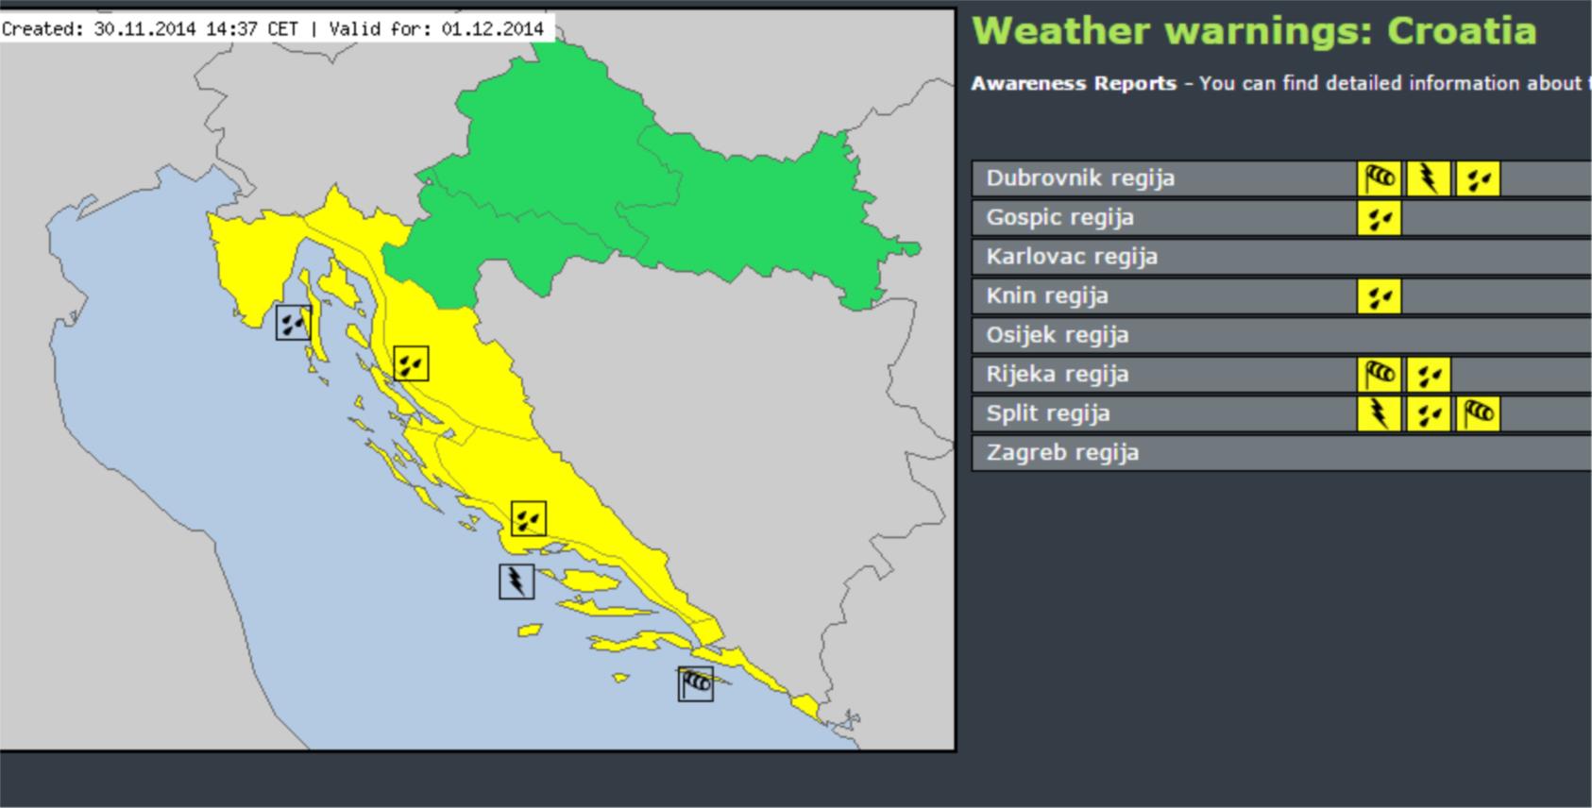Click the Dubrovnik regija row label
click(x=1080, y=178)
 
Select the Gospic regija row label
click(x=1059, y=218)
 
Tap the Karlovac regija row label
click(x=1072, y=257)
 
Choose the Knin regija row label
click(x=1047, y=296)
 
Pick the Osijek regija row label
click(x=1058, y=335)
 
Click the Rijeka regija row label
click(x=1058, y=375)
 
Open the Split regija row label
click(x=1048, y=413)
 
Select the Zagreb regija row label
click(x=1062, y=453)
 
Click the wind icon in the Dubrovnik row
click(x=1380, y=178)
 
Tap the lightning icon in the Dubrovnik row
click(x=1429, y=178)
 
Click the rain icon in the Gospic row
click(x=1380, y=218)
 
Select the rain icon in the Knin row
click(x=1380, y=296)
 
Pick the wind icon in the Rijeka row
click(x=1380, y=375)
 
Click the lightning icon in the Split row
click(x=1380, y=413)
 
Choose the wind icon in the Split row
click(x=1478, y=413)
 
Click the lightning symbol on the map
click(x=517, y=581)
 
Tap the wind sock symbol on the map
click(x=696, y=683)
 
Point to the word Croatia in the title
click(x=1462, y=31)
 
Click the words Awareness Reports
click(x=1074, y=83)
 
